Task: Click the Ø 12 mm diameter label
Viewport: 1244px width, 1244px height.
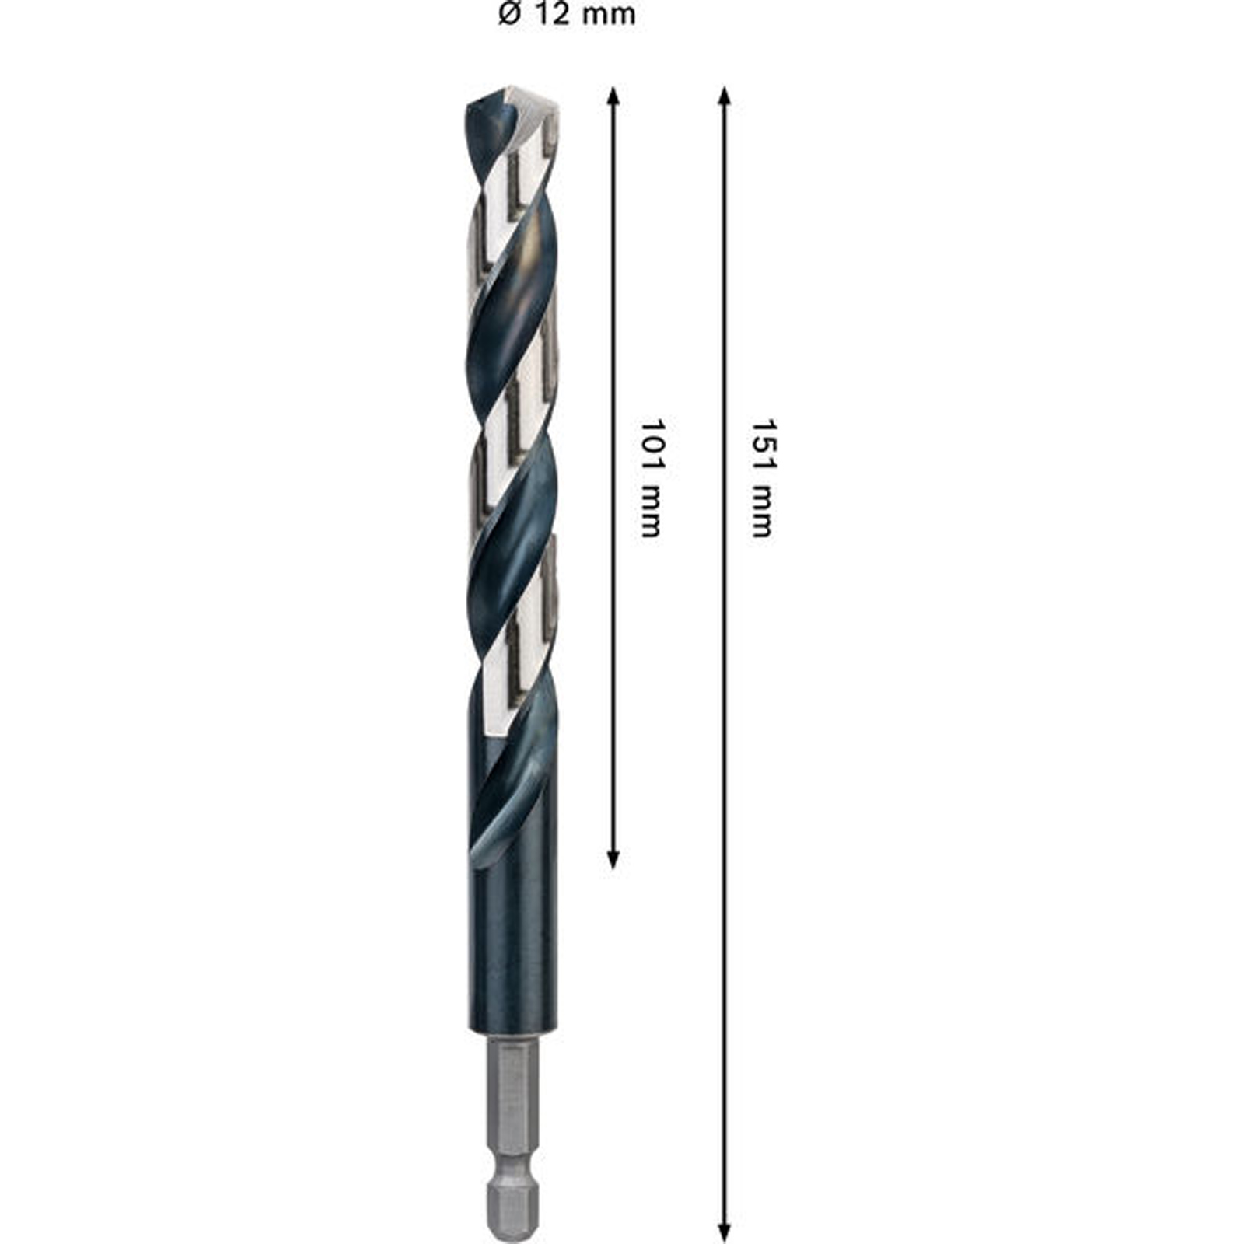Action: point(567,15)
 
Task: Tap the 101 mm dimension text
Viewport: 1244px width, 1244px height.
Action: point(651,478)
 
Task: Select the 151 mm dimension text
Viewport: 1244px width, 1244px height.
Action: point(762,478)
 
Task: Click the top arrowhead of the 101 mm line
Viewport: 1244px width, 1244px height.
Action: point(613,95)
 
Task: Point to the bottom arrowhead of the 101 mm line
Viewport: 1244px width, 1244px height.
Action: point(613,859)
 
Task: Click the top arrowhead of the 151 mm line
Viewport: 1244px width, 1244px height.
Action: point(724,95)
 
